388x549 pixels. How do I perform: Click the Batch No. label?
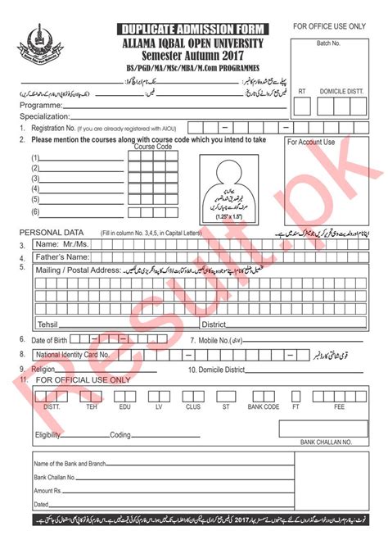pos(331,43)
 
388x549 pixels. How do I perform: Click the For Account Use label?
pos(311,143)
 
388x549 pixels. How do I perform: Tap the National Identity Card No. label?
pos(74,355)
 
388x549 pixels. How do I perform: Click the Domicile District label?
pos(216,370)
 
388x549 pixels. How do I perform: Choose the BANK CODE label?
pos(264,406)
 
